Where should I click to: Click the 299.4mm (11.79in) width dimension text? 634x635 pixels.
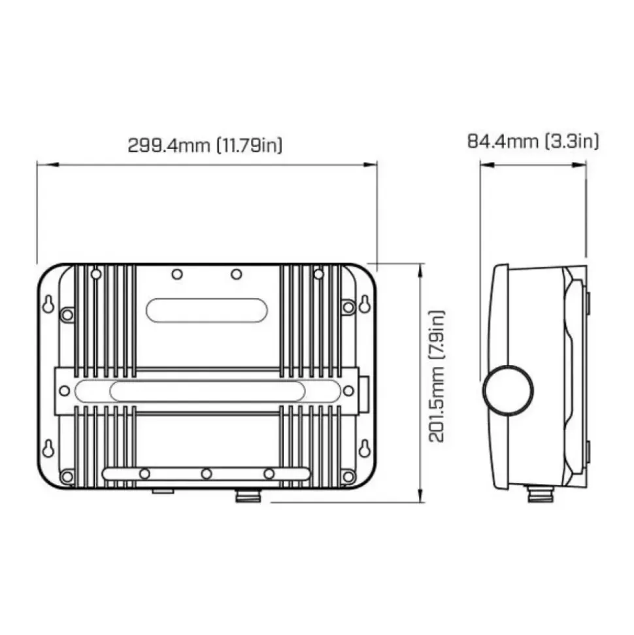click(x=205, y=145)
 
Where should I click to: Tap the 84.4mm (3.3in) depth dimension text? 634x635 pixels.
click(x=533, y=141)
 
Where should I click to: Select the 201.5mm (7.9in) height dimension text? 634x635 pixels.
click(x=437, y=376)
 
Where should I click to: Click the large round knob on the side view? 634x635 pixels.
click(x=508, y=390)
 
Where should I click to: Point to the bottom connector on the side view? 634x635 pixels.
click(x=541, y=494)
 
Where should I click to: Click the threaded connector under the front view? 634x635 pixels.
click(x=248, y=496)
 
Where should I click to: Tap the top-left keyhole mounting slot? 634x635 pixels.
click(x=48, y=305)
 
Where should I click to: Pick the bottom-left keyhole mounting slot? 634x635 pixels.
click(x=48, y=449)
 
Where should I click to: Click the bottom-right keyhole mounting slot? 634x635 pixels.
click(x=365, y=449)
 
